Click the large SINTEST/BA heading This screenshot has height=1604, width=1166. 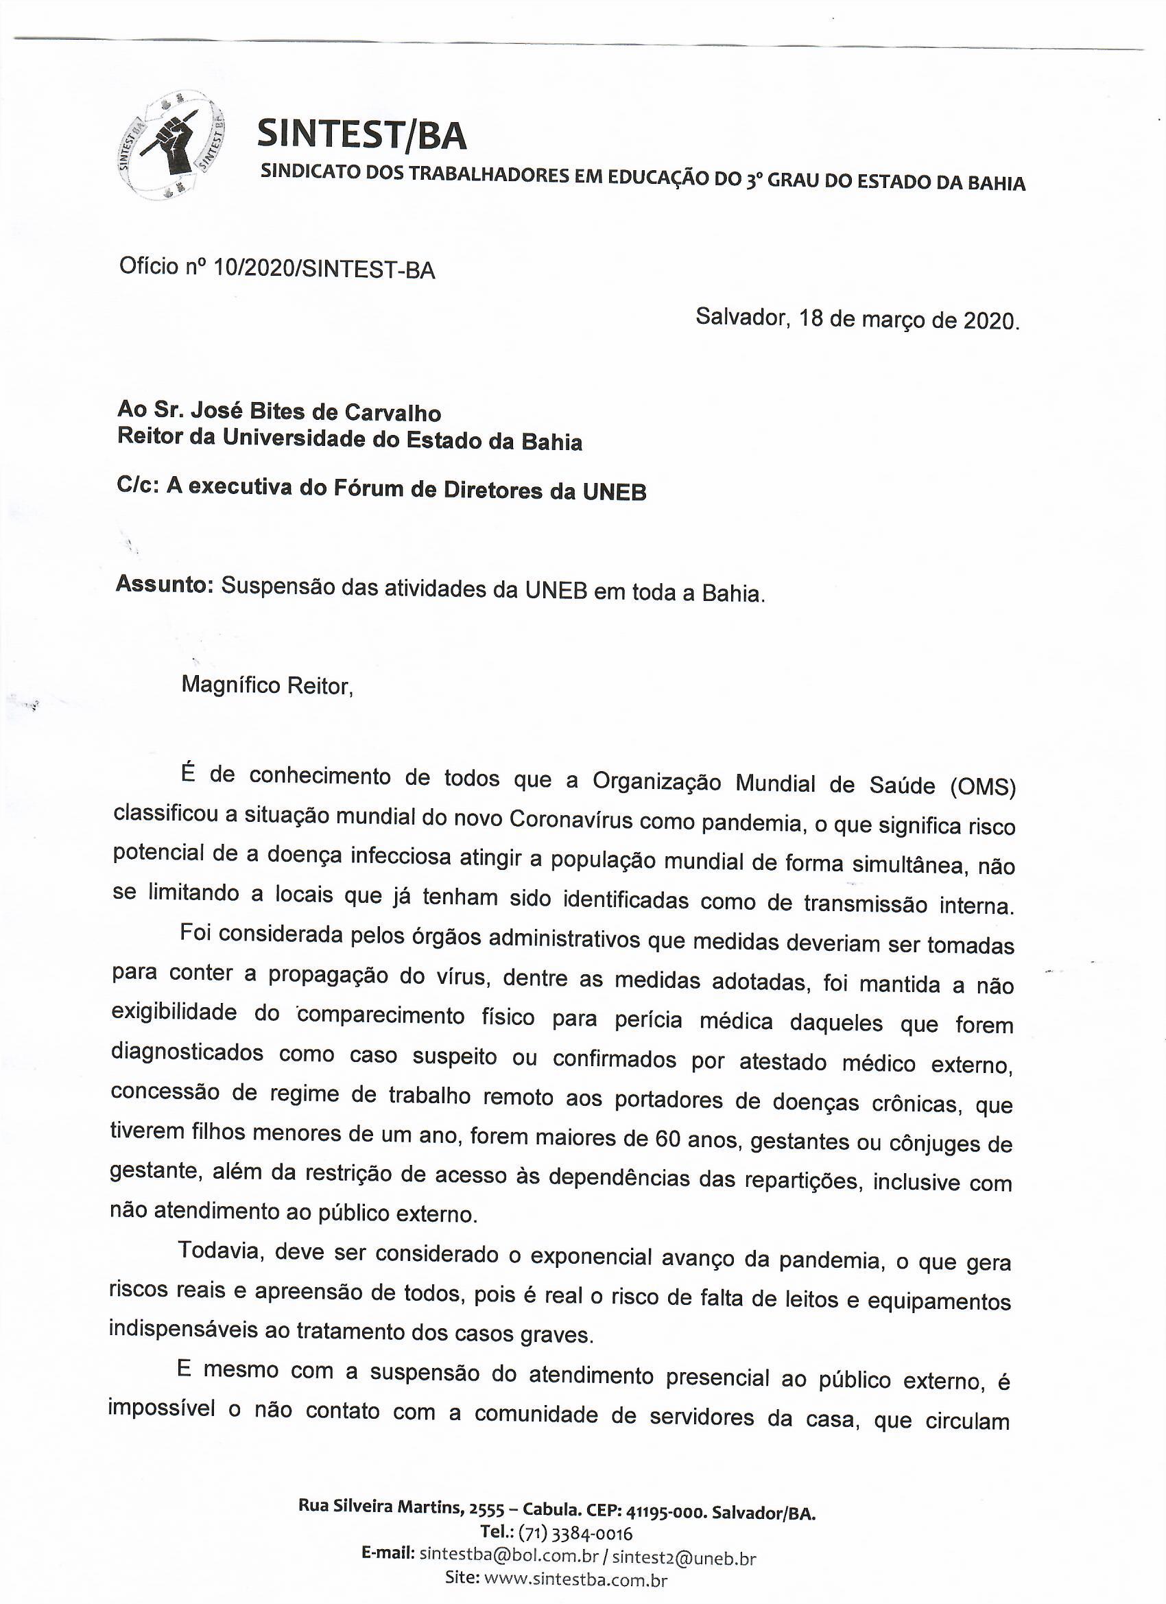pos(361,134)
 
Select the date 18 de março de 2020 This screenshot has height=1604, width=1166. pos(909,320)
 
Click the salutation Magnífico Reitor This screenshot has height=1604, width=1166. pos(267,685)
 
